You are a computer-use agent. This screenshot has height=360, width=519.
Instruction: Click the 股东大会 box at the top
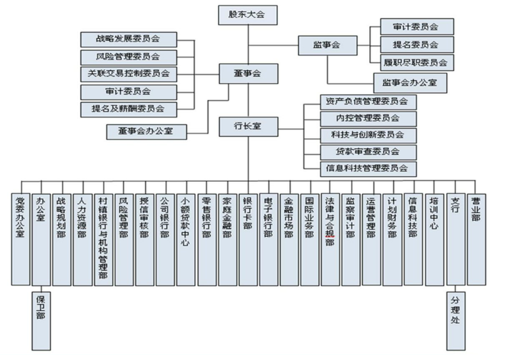(248, 14)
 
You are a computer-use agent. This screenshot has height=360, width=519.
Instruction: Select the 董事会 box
(248, 73)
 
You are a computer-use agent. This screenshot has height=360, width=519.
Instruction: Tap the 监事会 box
(327, 44)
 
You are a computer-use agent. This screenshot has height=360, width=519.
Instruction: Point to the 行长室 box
(248, 127)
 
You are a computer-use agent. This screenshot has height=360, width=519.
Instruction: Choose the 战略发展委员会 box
(129, 39)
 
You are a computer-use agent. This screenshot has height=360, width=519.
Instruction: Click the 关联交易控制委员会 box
(129, 74)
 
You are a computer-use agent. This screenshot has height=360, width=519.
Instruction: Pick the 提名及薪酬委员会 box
(129, 109)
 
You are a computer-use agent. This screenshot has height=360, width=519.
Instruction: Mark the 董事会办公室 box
(148, 131)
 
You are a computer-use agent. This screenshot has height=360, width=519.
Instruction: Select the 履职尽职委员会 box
(417, 62)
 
